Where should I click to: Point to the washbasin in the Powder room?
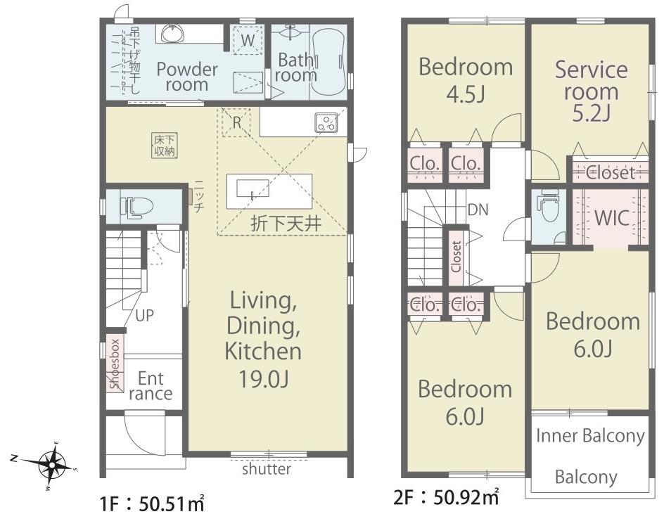point(172,34)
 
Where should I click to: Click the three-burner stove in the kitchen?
point(326,122)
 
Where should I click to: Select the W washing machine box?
point(248,40)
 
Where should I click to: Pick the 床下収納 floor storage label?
point(165,146)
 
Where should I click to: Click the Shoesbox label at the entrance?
point(115,364)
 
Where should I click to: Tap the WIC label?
point(611,218)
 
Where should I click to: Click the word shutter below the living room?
point(267,469)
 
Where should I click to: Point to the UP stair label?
point(144,316)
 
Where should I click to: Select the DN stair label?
point(478,210)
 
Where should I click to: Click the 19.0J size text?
point(263,378)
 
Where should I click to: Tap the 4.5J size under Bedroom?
point(466,94)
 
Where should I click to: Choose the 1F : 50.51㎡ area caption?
point(153,504)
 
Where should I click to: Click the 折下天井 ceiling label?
point(286,223)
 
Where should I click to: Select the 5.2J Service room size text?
point(591,113)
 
